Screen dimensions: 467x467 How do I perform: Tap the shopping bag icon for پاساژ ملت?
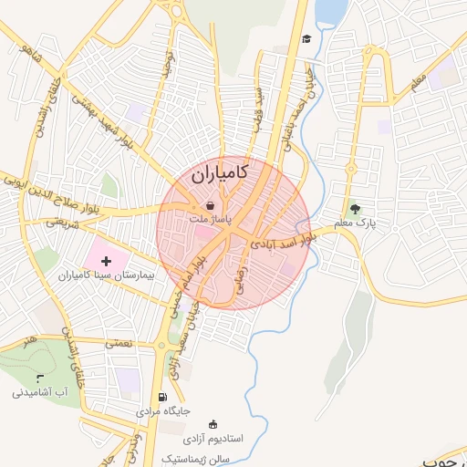pos(211,206)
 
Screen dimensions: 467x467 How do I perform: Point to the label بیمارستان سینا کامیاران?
pos(109,275)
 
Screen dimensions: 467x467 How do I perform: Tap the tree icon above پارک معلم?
pos(355,208)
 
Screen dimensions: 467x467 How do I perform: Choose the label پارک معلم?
pos(355,223)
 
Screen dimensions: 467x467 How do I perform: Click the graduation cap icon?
pos(307,38)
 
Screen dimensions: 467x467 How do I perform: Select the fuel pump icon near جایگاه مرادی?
pos(162,397)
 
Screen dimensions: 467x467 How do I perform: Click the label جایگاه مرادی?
pos(163,411)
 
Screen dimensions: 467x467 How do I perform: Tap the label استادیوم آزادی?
pos(213,440)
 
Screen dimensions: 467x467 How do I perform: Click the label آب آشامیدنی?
pos(40,393)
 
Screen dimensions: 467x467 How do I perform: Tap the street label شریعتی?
pos(63,222)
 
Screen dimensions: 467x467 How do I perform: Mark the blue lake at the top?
pos(330,11)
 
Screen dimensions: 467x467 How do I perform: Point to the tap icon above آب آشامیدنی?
pos(39,378)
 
